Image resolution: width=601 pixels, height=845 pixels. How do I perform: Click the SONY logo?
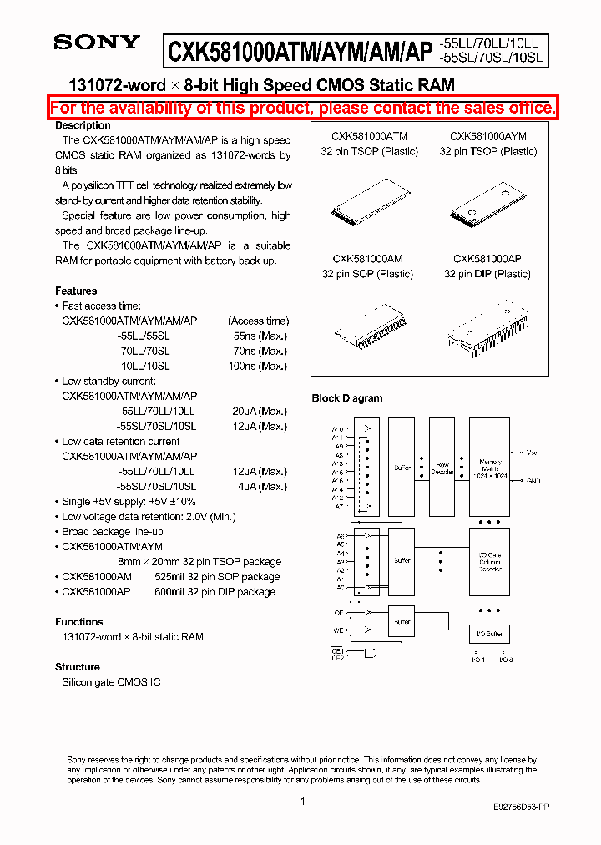[97, 43]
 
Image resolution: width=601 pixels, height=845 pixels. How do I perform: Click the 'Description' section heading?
[83, 125]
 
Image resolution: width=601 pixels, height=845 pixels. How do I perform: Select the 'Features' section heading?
[76, 291]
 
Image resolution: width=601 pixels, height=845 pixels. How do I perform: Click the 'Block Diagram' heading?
[347, 398]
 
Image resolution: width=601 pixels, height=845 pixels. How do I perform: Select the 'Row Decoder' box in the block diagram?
[442, 468]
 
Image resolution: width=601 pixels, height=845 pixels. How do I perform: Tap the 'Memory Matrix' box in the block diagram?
[490, 468]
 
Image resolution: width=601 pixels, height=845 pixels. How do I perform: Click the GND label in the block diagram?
[533, 481]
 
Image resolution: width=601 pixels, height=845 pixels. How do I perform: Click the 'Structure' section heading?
[78, 667]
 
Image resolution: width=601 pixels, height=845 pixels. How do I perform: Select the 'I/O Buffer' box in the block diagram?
[490, 635]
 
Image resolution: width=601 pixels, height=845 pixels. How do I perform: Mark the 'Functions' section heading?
[79, 622]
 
